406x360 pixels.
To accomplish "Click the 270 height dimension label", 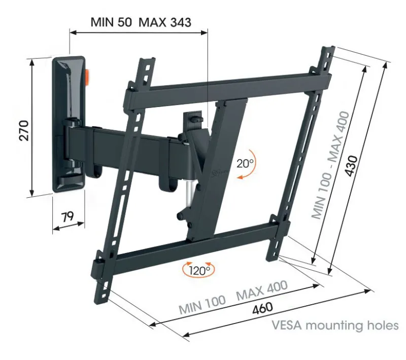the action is point(24,131).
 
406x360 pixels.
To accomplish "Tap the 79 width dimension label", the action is point(67,217).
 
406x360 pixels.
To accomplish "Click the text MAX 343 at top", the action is point(165,22).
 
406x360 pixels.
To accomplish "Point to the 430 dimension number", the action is point(352,166).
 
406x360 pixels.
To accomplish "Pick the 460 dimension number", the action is point(262,308).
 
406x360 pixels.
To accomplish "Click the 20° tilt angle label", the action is point(245,163).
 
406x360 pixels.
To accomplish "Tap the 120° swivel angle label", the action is point(199,271).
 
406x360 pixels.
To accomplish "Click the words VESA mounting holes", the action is point(335,325).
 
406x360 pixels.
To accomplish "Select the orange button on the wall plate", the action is point(87,78).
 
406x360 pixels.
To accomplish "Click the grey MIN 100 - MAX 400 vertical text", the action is point(330,165).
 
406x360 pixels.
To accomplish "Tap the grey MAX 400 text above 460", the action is point(262,290).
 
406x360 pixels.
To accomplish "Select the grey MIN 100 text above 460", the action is point(202,304).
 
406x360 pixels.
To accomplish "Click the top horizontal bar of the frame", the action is point(228,87).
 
